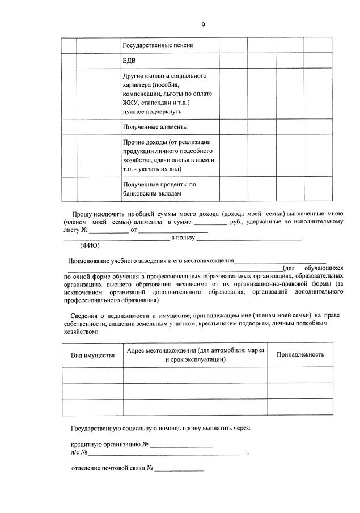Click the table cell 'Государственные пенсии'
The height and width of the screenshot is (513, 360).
(x=154, y=45)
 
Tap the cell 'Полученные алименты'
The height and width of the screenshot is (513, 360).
(x=155, y=126)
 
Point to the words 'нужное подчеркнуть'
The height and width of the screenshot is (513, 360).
(x=150, y=112)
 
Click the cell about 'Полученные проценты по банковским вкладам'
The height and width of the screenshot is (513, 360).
(x=161, y=189)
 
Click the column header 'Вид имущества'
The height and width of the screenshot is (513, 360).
(x=92, y=355)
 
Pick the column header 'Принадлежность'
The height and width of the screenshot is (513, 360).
(x=300, y=355)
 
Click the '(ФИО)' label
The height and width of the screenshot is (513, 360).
(x=90, y=246)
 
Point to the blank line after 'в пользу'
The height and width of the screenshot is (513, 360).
(x=249, y=239)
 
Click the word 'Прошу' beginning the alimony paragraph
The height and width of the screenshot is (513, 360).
(x=82, y=213)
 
